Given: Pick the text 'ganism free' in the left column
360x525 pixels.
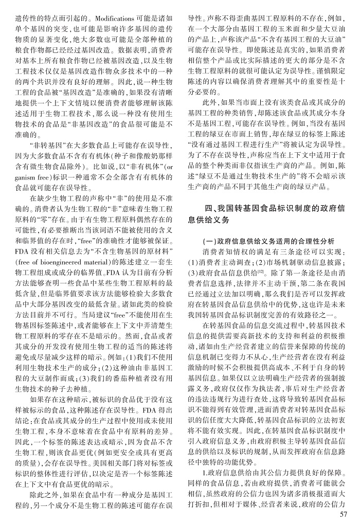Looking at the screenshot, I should click(26, 176).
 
